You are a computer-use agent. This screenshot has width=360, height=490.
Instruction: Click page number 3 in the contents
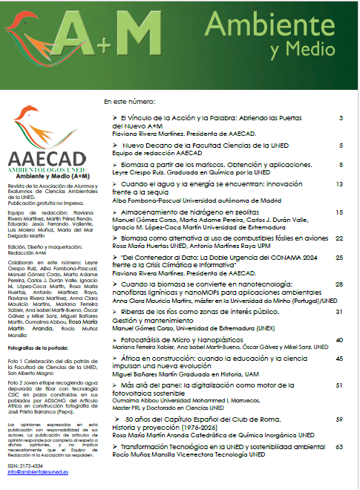point(340,118)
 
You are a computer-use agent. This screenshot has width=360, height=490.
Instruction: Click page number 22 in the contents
point(338,239)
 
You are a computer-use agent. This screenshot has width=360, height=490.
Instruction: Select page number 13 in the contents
point(338,183)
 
